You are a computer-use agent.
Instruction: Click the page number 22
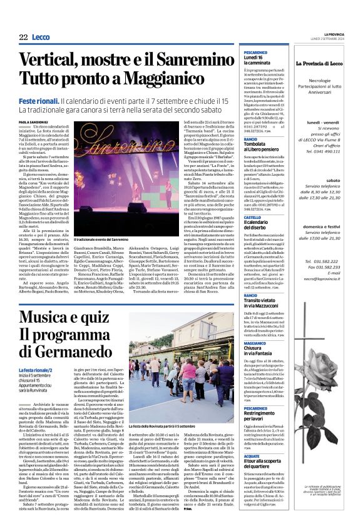click(x=23, y=38)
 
